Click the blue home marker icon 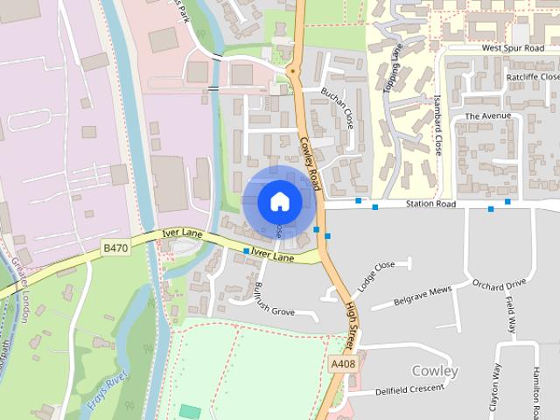pos(279,201)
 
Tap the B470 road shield pos(115,248)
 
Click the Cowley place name pos(435,371)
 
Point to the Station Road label pos(430,205)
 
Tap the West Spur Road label pos(513,48)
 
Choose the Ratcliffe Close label pos(531,77)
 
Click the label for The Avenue pos(486,115)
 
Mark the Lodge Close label pos(374,277)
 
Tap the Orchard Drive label pos(499,284)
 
